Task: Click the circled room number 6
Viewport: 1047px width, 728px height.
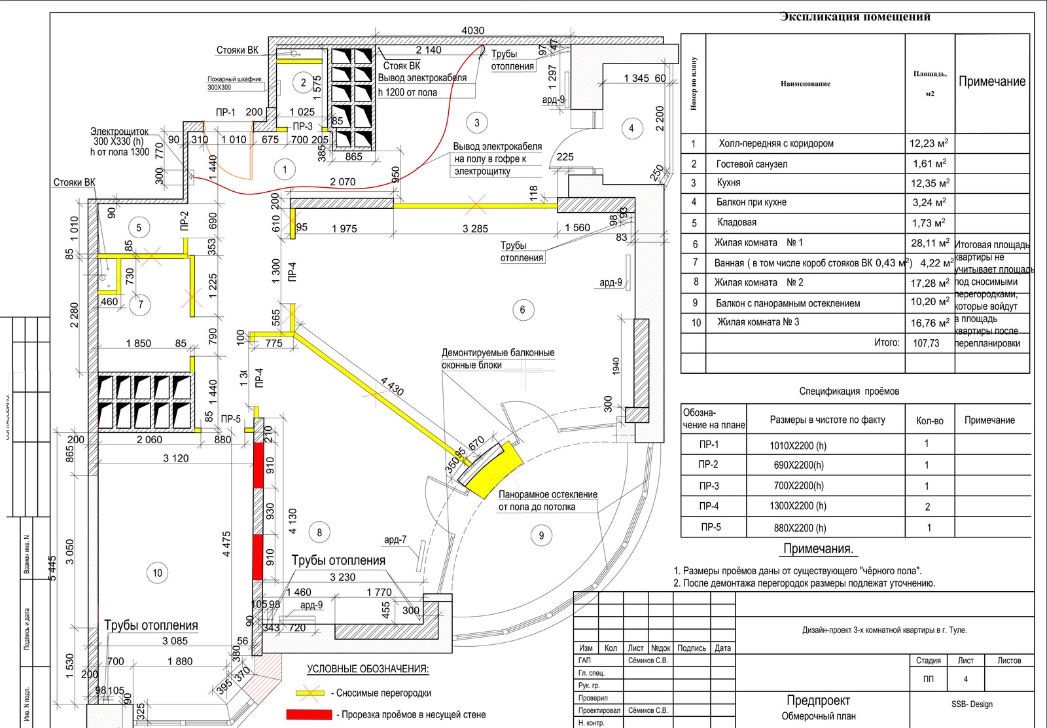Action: tap(522, 310)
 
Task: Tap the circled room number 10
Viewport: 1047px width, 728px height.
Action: tap(157, 573)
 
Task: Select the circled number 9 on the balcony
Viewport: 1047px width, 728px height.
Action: tap(541, 536)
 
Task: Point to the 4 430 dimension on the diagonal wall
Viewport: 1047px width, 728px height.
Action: tap(392, 386)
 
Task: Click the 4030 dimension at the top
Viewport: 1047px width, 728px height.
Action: tap(472, 31)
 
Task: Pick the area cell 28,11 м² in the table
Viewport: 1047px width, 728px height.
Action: tap(929, 243)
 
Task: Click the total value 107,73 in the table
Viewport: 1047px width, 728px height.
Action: tap(926, 343)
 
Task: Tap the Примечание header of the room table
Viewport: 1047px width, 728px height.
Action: tap(992, 82)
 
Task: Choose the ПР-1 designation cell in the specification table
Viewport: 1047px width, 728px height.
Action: tap(709, 445)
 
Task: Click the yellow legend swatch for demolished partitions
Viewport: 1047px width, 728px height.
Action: tap(310, 693)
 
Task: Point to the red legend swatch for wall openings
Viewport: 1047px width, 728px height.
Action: tap(309, 714)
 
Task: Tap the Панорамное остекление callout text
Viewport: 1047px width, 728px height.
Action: tap(548, 495)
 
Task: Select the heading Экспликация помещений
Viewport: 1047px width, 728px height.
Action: tap(855, 17)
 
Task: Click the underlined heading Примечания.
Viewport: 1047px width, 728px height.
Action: tap(818, 549)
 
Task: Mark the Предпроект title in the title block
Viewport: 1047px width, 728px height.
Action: tap(818, 701)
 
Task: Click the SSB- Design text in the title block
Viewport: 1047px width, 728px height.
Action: tap(972, 704)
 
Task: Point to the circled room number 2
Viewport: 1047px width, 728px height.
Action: tap(303, 82)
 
